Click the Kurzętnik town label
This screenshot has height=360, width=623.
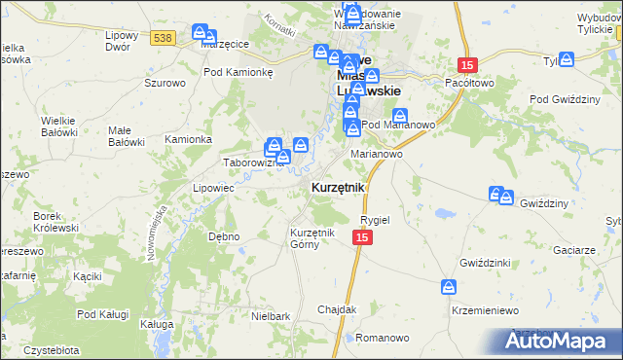(338, 187)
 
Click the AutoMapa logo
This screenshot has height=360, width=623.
(562, 342)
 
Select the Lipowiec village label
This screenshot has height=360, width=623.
(212, 188)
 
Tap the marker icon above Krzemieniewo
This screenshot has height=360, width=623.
(449, 287)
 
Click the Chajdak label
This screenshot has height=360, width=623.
(337, 309)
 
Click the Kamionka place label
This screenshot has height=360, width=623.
(188, 139)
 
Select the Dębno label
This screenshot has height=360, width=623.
(224, 235)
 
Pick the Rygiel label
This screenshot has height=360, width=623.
(375, 220)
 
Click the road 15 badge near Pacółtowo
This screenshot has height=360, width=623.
(468, 64)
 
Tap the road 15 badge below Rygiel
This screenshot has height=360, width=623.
(362, 237)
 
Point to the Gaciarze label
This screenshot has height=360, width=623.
(575, 250)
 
